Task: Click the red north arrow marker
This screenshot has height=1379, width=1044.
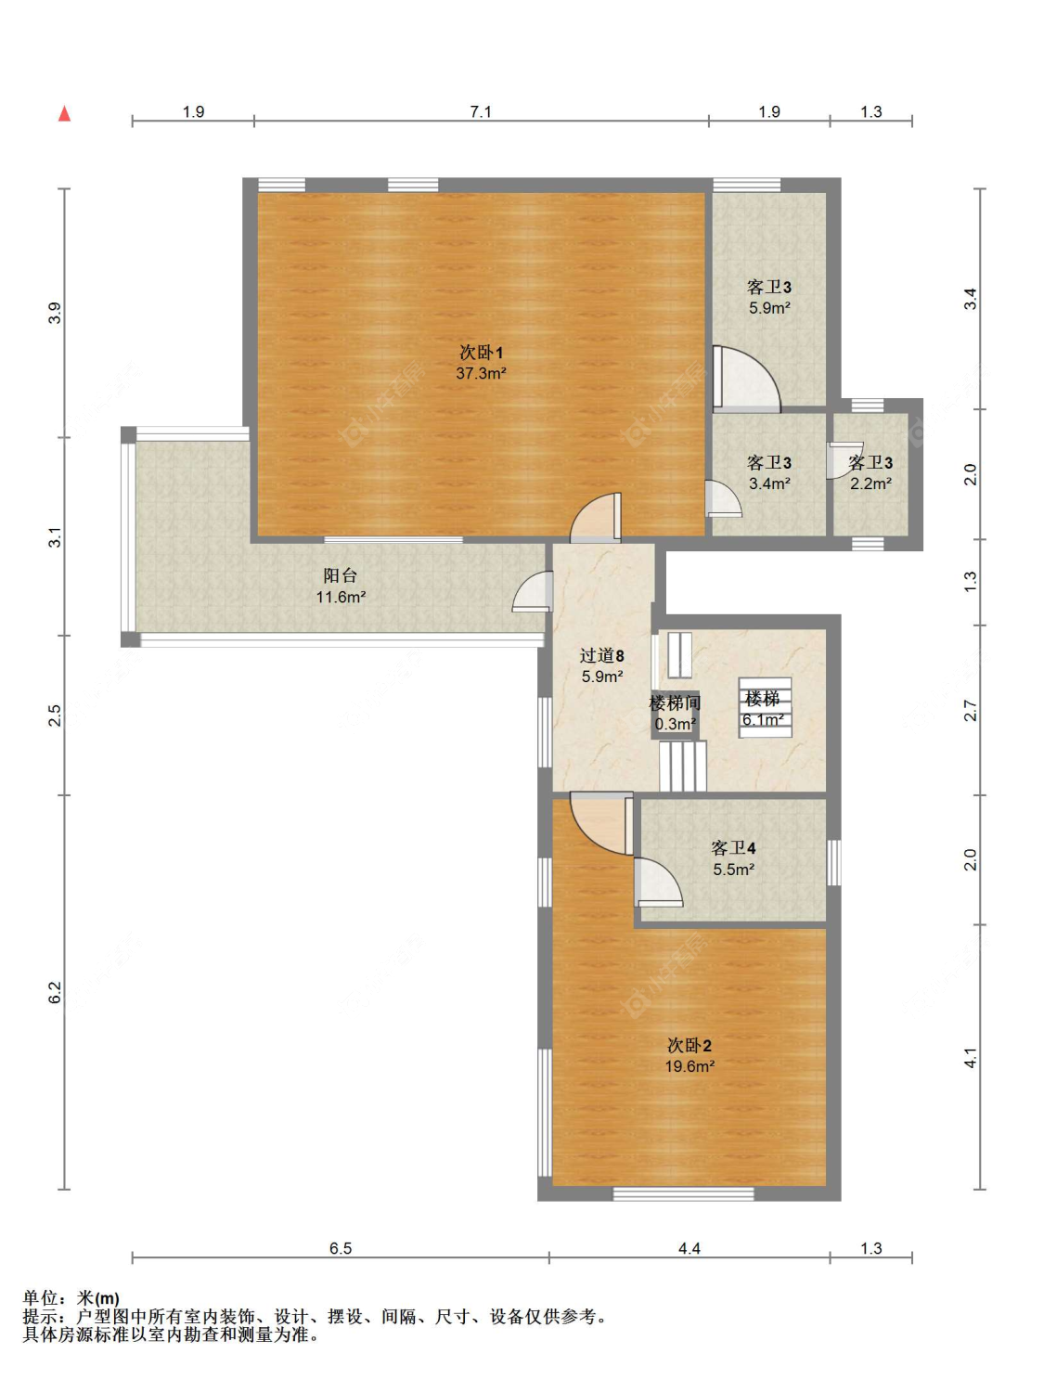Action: (64, 114)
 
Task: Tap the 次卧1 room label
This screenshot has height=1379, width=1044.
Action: (481, 352)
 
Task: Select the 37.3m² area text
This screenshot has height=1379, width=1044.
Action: (481, 373)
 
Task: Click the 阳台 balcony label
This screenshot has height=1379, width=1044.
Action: (340, 574)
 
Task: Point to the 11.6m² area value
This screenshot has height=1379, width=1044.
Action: (341, 596)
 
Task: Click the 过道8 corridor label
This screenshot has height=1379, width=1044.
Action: (601, 655)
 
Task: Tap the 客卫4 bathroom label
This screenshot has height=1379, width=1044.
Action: (732, 848)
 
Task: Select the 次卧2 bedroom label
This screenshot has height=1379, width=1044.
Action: (690, 1046)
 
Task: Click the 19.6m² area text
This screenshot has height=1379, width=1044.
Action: (690, 1066)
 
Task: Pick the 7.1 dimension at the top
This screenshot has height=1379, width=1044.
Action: (481, 112)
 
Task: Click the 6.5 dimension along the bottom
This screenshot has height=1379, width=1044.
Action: (341, 1248)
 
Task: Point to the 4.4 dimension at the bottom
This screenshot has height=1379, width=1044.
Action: (690, 1248)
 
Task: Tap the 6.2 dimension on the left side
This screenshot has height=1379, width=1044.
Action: (56, 992)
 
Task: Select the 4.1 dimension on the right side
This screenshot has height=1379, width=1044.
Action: (971, 1058)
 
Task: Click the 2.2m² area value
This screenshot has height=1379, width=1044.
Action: (870, 483)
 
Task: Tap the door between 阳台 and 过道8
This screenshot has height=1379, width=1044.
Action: (533, 591)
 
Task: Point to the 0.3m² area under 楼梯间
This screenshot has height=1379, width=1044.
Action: (676, 724)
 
